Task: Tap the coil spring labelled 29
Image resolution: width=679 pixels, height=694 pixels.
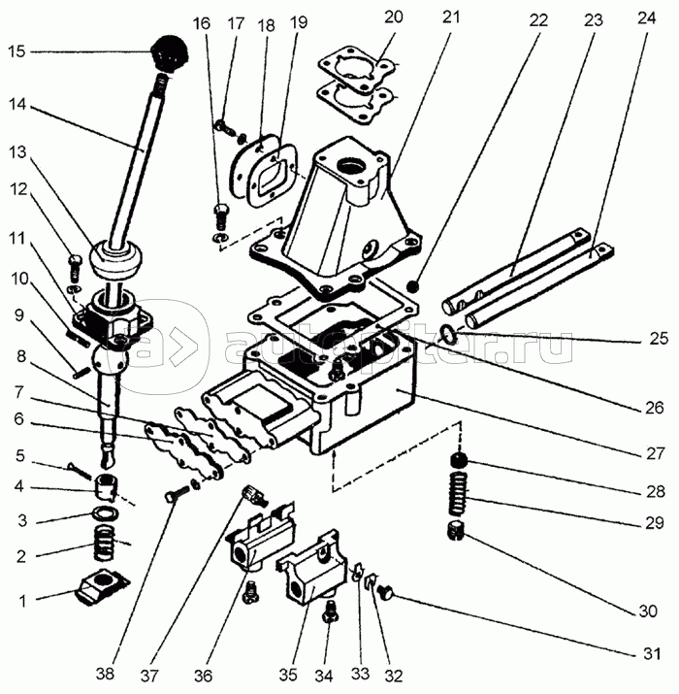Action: pos(456,495)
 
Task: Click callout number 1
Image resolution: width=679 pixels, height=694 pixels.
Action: pos(21,601)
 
